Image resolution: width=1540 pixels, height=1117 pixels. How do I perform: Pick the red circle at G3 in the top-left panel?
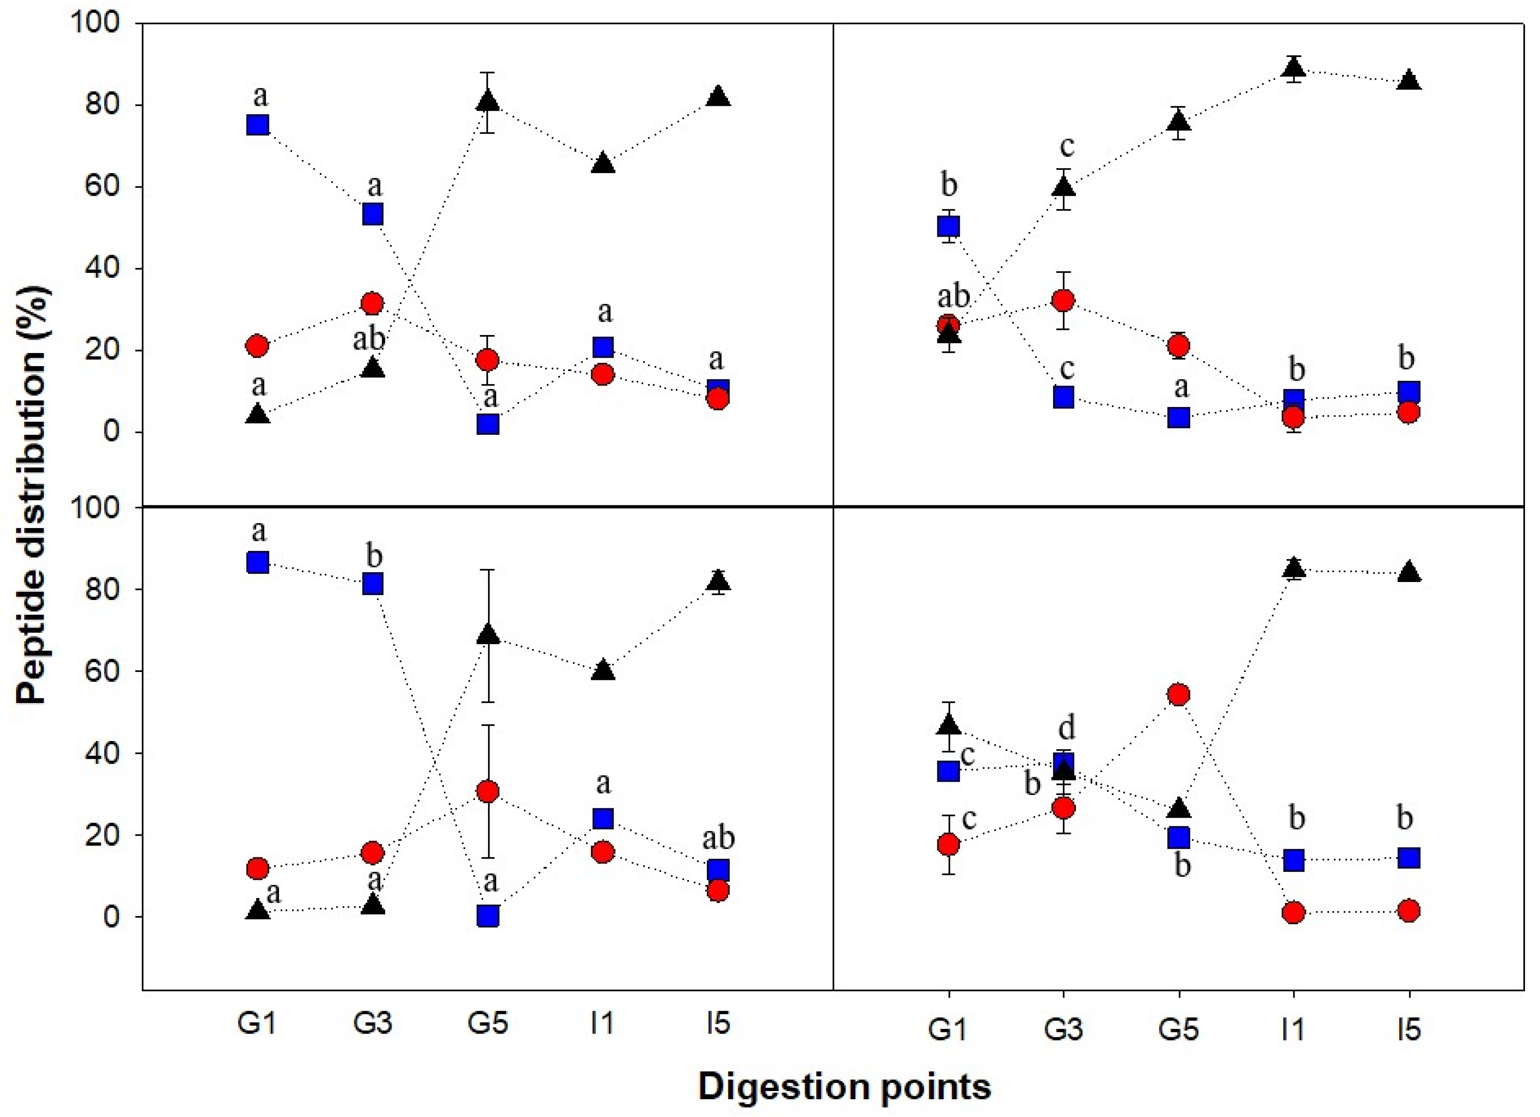(x=372, y=303)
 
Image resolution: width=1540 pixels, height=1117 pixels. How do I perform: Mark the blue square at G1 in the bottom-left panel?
(x=258, y=563)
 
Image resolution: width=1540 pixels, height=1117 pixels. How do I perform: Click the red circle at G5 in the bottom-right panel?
(x=1179, y=694)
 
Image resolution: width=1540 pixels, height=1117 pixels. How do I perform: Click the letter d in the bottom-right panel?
(x=1067, y=728)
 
